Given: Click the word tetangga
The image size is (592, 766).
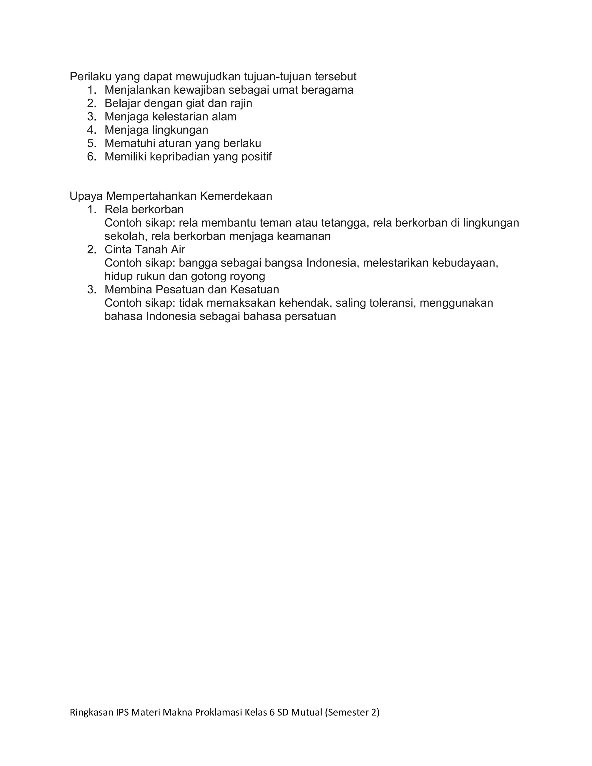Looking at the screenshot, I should coord(345,223).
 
